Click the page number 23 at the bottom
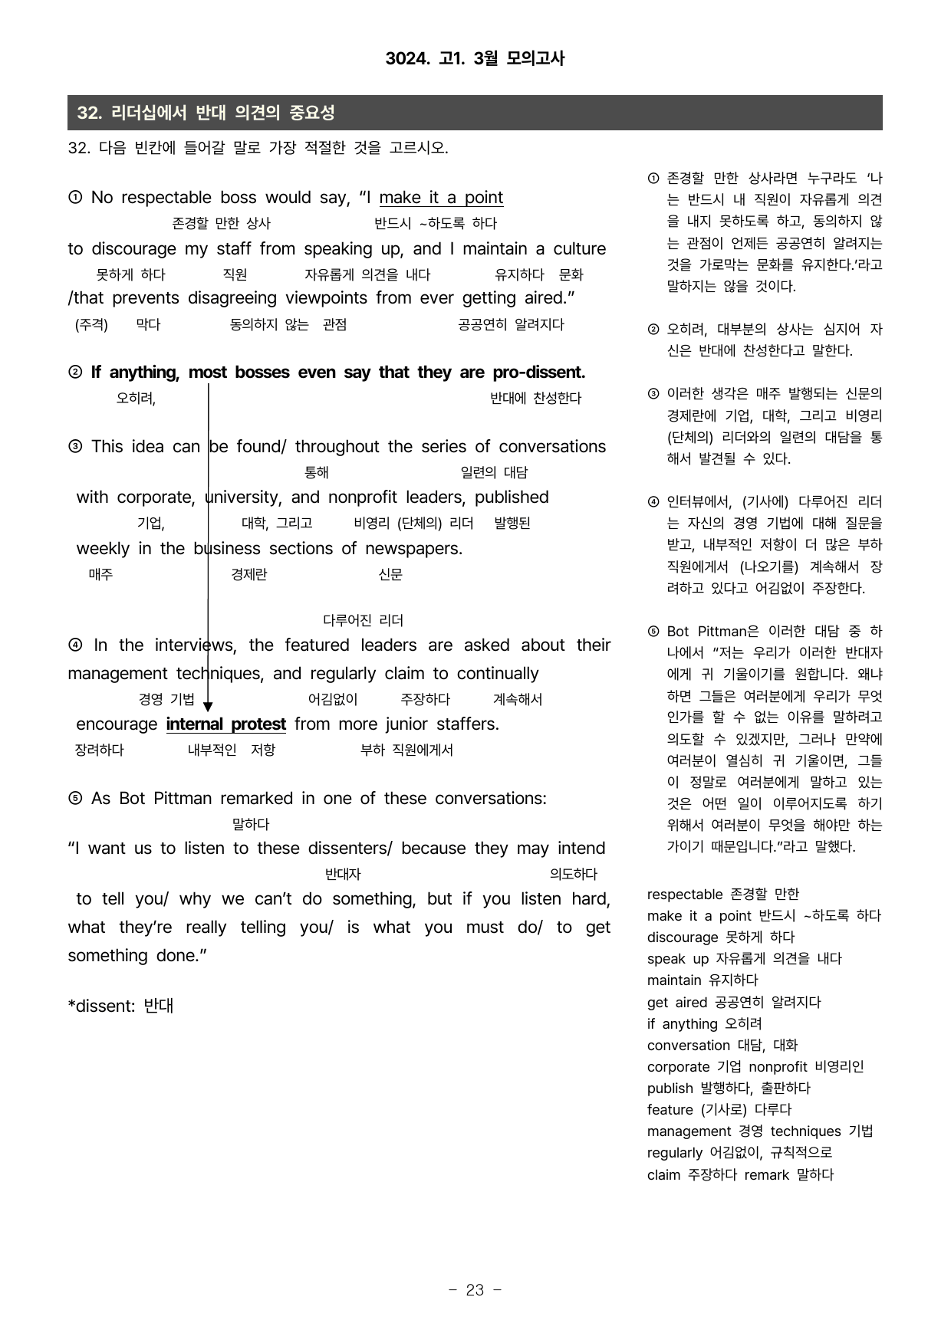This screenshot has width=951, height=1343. click(x=475, y=1290)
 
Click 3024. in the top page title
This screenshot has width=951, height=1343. click(x=406, y=58)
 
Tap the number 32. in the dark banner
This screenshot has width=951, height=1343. click(x=89, y=113)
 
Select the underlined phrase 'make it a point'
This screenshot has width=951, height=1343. click(x=441, y=198)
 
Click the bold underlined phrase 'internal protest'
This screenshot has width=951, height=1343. click(x=225, y=724)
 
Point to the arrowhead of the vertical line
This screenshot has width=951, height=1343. click(x=208, y=706)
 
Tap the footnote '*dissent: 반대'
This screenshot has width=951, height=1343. click(x=120, y=1006)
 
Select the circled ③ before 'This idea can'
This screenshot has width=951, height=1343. click(x=75, y=447)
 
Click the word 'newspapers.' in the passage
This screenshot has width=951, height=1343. click(x=413, y=549)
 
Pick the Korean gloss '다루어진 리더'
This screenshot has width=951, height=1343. click(x=363, y=620)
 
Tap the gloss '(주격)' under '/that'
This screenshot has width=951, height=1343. click(x=91, y=325)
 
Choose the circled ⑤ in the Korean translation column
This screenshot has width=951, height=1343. click(x=653, y=632)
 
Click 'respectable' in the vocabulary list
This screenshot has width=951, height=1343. click(x=684, y=895)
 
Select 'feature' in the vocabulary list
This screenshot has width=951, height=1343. click(x=670, y=1110)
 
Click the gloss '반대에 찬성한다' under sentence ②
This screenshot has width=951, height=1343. click(x=535, y=399)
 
